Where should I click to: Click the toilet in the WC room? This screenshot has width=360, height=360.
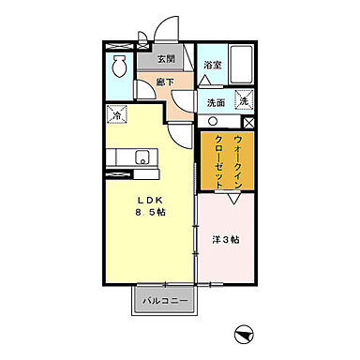pos(120,67)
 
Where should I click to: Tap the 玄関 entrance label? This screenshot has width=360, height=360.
pos(165,59)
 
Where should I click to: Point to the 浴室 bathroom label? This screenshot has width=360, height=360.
pos(212,65)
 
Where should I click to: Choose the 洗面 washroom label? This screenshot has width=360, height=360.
pos(216,102)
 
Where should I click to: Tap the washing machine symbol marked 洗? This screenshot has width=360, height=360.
pos(243,100)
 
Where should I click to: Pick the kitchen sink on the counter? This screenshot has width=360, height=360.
pos(140,157)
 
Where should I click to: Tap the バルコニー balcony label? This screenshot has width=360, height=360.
pos(166,301)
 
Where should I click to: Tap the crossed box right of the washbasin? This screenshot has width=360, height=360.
pos(248,122)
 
